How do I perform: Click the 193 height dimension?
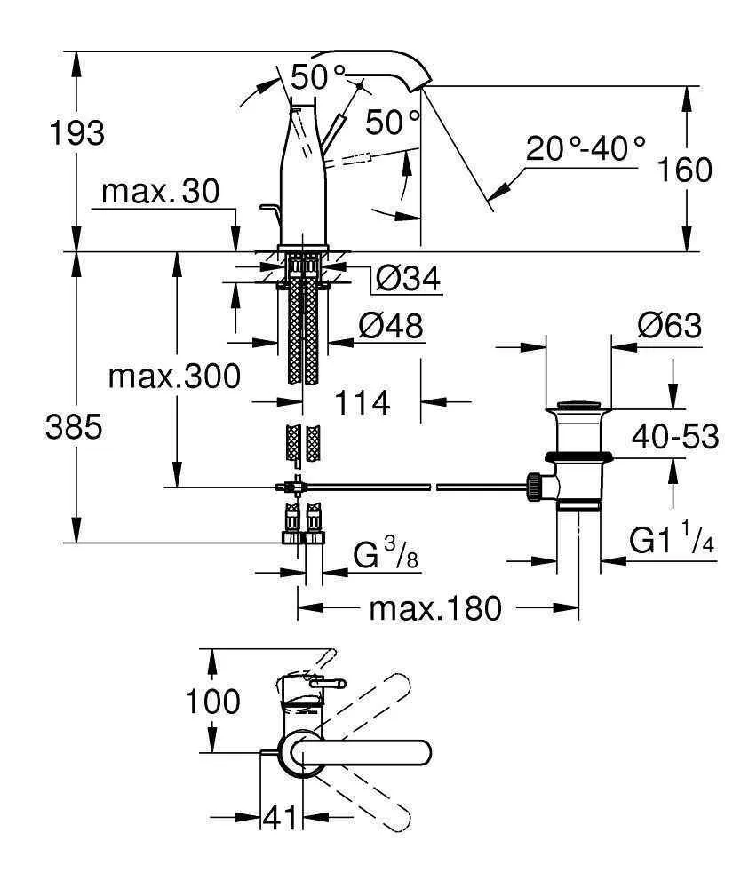78,133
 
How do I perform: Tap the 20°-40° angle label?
585,148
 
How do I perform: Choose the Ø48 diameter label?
391,327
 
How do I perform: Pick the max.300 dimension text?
174,377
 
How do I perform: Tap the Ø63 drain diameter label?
669,327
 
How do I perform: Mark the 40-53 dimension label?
674,438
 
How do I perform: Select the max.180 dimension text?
435,609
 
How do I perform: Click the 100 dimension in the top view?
212,702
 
